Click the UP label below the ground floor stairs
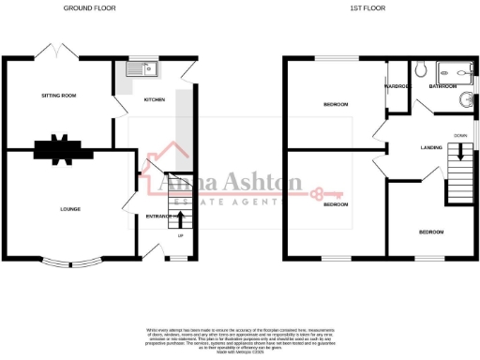180,248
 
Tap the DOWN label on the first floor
460,136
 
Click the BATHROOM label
442,85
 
